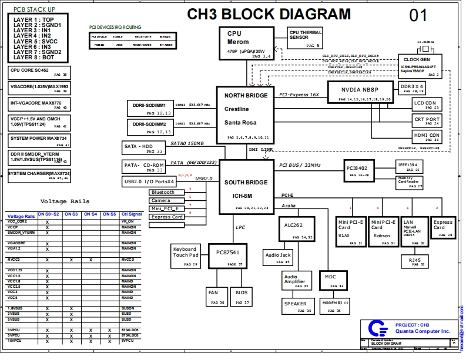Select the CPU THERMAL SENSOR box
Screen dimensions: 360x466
306,38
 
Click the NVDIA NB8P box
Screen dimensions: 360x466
367,93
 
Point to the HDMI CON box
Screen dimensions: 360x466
427,137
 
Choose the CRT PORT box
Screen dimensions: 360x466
427,121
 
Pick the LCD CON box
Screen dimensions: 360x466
427,105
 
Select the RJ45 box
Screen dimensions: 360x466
414,261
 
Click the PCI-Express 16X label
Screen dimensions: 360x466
299,95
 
